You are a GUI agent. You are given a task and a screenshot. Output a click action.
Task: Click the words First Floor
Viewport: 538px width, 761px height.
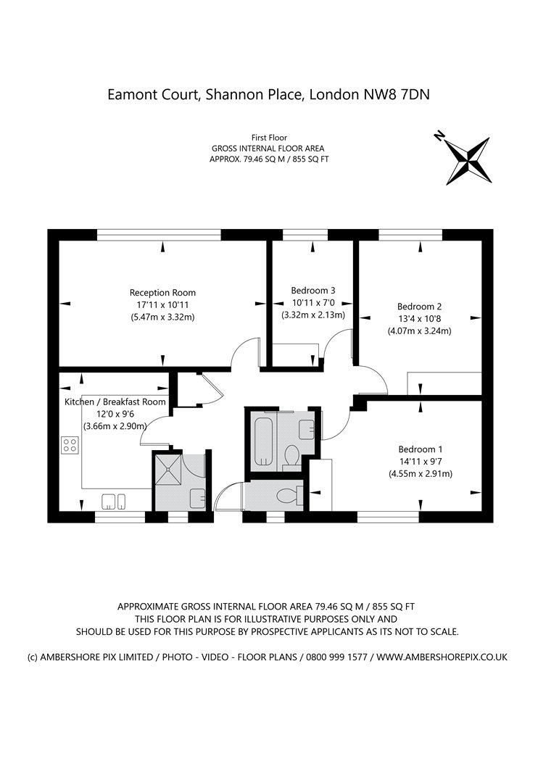pos(269,137)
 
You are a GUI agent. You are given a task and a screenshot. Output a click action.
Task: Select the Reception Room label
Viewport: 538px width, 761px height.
pos(163,293)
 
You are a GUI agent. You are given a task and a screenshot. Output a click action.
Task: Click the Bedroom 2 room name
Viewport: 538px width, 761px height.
pos(419,306)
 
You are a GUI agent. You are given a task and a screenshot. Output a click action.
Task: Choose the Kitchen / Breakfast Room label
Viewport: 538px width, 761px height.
pos(115,402)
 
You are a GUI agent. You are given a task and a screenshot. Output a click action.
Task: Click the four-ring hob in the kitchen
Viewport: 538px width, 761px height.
pos(70,444)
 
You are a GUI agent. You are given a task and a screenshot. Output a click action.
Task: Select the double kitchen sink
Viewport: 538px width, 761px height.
pos(115,501)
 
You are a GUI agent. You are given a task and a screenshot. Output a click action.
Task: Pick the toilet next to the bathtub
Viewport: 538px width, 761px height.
pos(291,454)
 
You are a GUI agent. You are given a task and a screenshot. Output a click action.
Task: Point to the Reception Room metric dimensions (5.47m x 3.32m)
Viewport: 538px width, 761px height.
pos(163,317)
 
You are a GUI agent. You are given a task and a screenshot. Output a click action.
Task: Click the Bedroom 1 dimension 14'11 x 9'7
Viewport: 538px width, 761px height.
pos(420,462)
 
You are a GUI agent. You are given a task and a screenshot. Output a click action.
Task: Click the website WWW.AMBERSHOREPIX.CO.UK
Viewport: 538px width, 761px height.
pos(442,657)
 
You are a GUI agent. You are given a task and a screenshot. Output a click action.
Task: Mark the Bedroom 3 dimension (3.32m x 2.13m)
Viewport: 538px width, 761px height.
pos(313,315)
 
